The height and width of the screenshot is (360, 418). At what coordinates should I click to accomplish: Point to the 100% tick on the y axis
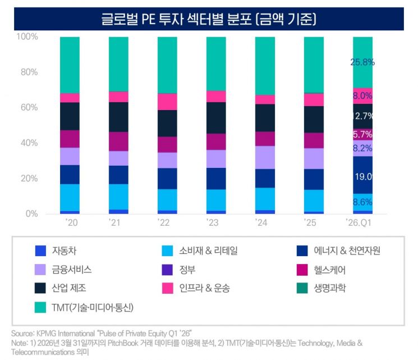pos(27,37)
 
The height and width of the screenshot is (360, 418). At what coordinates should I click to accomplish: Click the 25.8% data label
pos(362,62)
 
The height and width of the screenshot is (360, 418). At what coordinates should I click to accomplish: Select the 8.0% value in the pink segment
pos(362,96)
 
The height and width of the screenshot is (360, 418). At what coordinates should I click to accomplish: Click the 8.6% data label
pos(362,202)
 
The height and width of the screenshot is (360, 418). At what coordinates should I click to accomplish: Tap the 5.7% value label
pos(362,135)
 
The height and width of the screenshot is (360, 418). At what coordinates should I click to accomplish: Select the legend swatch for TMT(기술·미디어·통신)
pos(40,307)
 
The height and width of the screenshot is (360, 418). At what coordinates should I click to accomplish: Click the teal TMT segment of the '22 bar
pos(167,65)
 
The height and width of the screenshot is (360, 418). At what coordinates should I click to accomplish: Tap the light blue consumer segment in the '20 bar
pos(70,197)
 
